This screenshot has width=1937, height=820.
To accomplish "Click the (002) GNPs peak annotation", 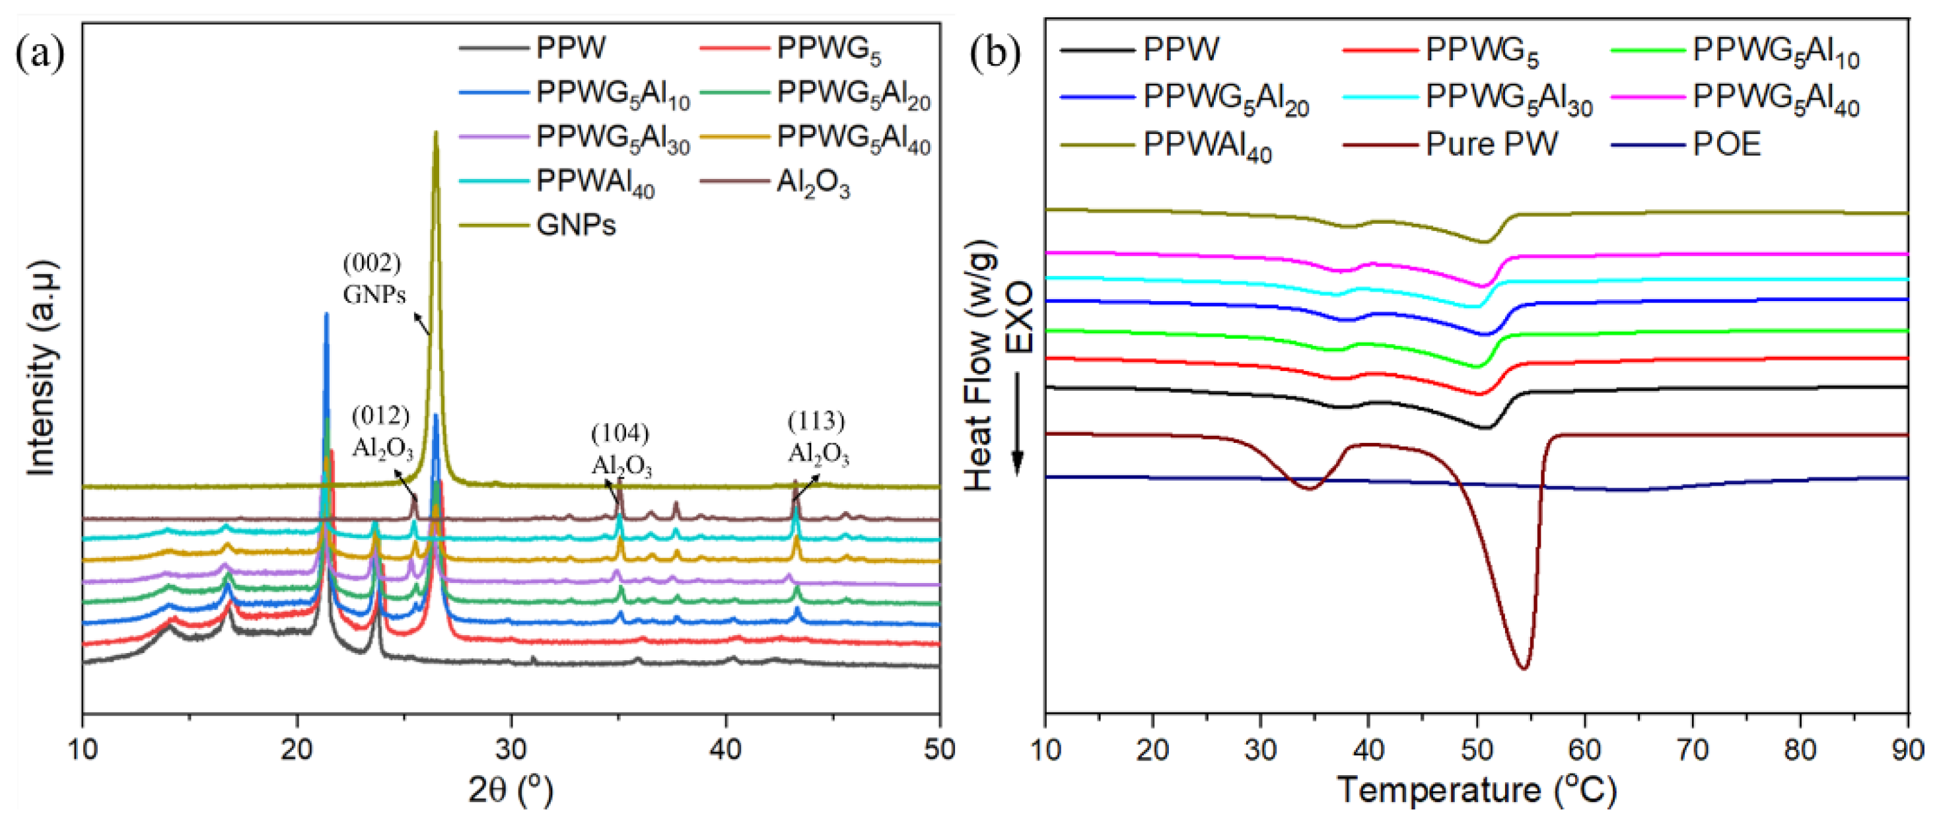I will pyautogui.click(x=374, y=279).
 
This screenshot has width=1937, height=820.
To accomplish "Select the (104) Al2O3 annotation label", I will pyautogui.click(x=621, y=450).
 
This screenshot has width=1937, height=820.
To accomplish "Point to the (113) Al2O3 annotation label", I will pyautogui.click(x=818, y=438).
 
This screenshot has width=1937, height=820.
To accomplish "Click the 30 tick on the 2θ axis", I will pyautogui.click(x=511, y=749).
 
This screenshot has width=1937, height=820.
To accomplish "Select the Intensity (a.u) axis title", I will pyautogui.click(x=42, y=368).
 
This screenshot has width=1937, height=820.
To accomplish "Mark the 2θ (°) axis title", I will pyautogui.click(x=511, y=792).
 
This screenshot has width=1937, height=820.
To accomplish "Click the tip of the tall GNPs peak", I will pyautogui.click(x=435, y=134).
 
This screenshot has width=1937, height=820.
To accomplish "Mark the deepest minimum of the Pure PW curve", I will pyautogui.click(x=1524, y=667).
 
